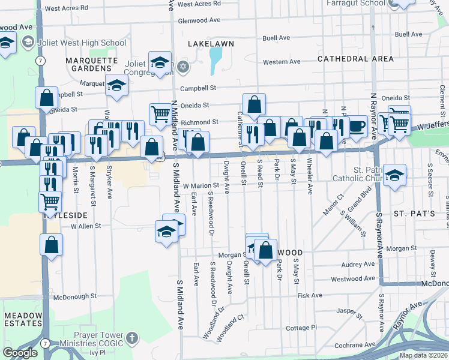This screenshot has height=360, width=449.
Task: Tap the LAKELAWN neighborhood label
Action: (x=211, y=44)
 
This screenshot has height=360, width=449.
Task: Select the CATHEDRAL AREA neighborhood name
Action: (x=355, y=59)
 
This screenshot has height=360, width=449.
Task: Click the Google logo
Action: (x=20, y=352)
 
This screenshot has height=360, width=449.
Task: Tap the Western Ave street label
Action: (x=282, y=62)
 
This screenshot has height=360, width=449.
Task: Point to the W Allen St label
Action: (x=86, y=226)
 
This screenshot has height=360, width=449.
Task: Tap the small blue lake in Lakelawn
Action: (x=214, y=59)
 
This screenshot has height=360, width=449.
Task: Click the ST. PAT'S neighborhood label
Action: (x=413, y=214)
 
